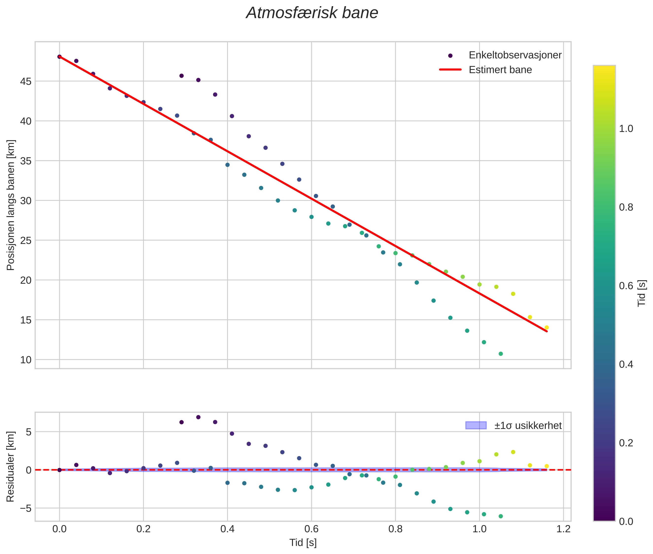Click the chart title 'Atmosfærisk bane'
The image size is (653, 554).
(312, 13)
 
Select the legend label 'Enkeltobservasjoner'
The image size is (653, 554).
(515, 55)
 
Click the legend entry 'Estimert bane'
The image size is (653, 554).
(500, 70)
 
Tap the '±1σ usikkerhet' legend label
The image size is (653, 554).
(528, 425)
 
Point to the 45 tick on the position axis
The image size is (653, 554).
(26, 82)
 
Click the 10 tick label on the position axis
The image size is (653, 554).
(26, 360)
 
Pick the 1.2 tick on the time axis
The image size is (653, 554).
(563, 529)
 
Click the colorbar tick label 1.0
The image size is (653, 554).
(626, 129)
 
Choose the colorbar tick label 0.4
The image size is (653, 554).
(626, 364)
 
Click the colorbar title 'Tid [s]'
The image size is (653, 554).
(642, 293)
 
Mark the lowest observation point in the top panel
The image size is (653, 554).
(500, 354)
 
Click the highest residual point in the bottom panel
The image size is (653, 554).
(198, 417)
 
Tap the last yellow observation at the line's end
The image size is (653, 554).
(546, 328)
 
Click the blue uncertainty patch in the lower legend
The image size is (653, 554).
(476, 425)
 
